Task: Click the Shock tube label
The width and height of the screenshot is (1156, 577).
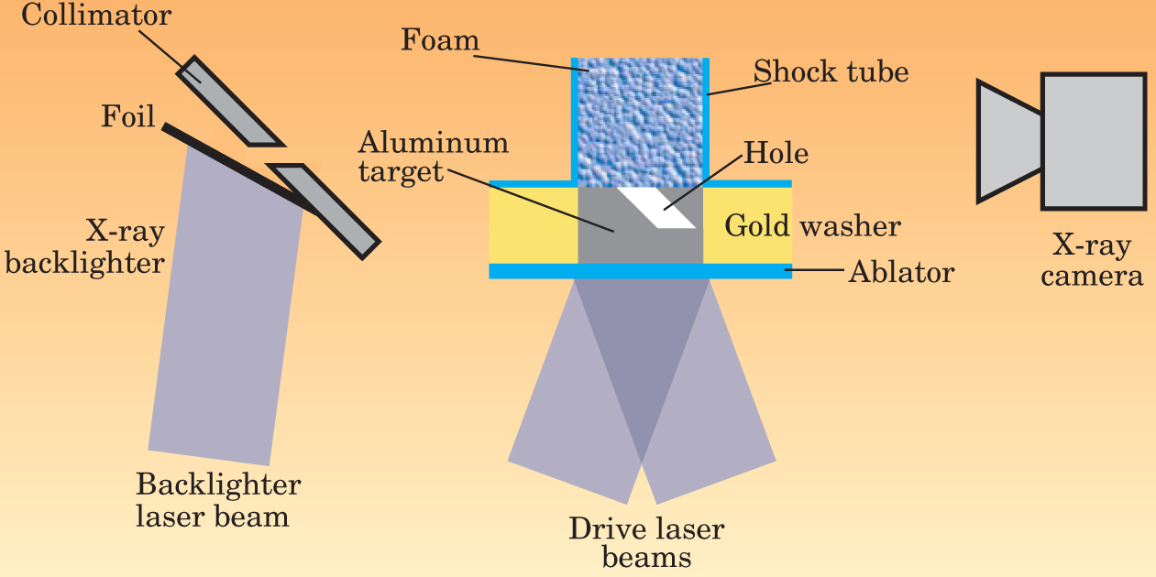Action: click(x=830, y=71)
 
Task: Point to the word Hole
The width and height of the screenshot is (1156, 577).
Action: click(x=775, y=152)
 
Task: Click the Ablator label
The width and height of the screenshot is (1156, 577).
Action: click(x=901, y=271)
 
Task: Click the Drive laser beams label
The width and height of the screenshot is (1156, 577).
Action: click(x=645, y=542)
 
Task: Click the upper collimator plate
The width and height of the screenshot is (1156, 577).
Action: click(x=230, y=102)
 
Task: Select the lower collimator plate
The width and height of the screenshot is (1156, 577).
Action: click(x=325, y=210)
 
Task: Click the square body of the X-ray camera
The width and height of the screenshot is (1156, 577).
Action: click(x=1093, y=140)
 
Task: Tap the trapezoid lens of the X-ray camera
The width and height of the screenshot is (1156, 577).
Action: click(x=1008, y=140)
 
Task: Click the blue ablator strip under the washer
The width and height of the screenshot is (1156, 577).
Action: click(x=640, y=271)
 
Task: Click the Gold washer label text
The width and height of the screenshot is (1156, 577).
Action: click(x=812, y=225)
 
